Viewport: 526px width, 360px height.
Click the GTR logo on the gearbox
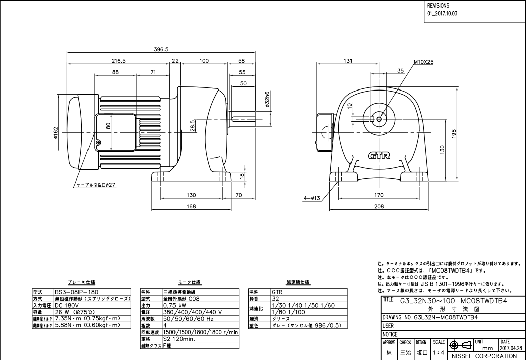tap(380, 156)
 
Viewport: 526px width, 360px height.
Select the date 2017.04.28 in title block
tap(511, 347)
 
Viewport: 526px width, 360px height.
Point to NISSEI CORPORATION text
tap(483, 356)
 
